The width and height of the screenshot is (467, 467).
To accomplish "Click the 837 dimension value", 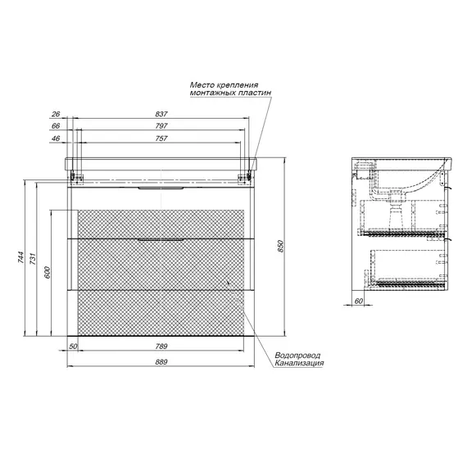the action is (161, 114).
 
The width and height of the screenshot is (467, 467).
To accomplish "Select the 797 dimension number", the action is (161, 126).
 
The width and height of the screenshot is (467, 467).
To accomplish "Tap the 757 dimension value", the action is (161, 138).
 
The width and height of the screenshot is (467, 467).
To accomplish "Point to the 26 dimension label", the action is (56, 114).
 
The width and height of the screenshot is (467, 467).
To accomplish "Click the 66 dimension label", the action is (56, 126).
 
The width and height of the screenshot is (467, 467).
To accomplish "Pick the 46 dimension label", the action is (56, 138).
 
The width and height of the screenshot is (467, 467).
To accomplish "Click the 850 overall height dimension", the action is (280, 246).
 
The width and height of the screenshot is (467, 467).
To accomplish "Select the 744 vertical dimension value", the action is (20, 257).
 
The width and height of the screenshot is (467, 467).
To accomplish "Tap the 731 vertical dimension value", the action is (33, 259).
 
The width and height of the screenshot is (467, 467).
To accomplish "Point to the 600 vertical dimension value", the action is (47, 273).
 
